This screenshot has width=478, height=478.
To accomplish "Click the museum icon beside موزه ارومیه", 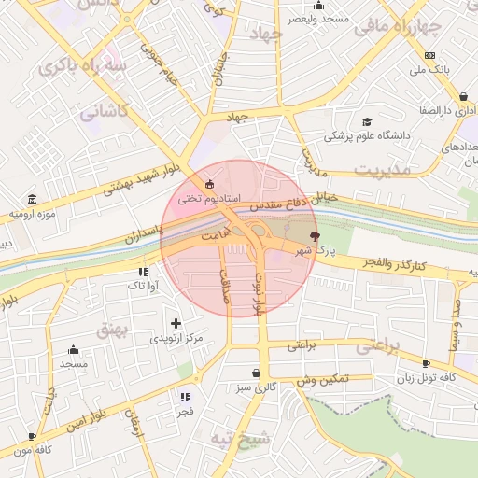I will click(33, 200).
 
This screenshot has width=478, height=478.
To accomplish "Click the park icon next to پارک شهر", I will click(315, 235).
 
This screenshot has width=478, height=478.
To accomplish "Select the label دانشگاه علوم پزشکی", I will click(368, 136).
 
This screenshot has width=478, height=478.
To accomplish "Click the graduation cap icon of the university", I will click(367, 121).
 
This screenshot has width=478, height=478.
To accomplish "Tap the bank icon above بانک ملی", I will click(429, 55).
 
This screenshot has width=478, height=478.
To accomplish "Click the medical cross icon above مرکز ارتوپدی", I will click(176, 323).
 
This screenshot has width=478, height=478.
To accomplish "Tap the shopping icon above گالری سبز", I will click(256, 373).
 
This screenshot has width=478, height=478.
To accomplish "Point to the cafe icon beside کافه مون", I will click(33, 436).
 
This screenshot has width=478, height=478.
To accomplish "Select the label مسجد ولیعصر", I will click(319, 18).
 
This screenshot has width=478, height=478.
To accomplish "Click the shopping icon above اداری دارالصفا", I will click(464, 96).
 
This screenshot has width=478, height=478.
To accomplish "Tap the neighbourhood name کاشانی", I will click(101, 113).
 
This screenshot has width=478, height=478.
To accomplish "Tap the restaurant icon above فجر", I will click(185, 396).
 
